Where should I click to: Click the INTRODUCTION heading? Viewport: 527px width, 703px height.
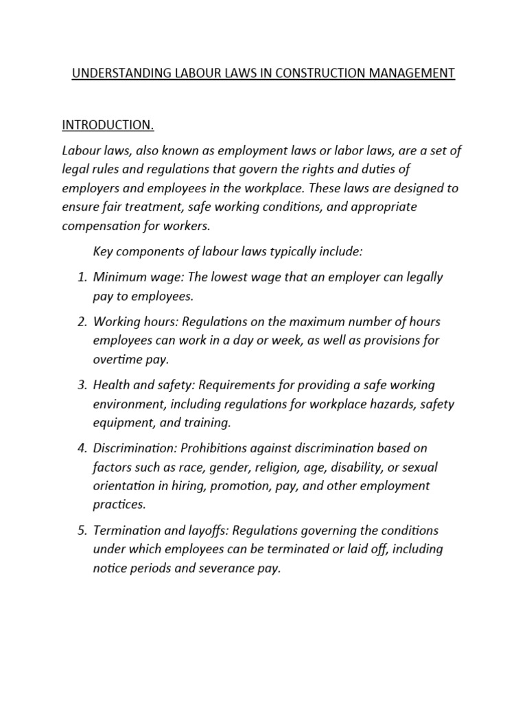point(108,125)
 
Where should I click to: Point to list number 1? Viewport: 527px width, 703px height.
point(81,277)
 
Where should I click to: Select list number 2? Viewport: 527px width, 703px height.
point(81,322)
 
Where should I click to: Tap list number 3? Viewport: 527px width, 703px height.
point(81,385)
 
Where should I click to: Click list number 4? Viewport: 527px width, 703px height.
point(81,448)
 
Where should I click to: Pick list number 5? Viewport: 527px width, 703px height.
point(81,531)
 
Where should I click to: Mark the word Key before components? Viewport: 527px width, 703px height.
point(102,252)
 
